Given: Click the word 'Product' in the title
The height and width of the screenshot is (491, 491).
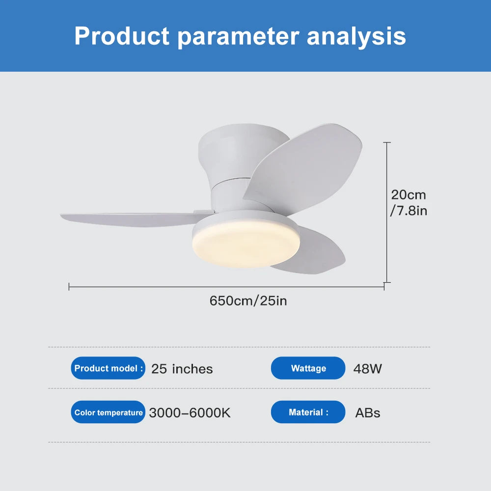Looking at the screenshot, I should point(122,36).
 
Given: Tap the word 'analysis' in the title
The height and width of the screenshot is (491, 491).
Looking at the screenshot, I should point(356,36).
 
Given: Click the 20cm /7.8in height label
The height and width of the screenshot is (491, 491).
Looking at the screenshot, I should point(408,203).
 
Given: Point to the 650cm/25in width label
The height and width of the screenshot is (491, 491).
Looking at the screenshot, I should point(248,300).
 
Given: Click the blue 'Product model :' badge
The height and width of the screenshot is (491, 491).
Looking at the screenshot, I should point(109,368).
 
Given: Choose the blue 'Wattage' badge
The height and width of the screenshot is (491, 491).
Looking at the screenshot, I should point(308,368).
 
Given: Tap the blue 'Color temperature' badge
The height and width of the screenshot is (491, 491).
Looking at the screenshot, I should point(109,412).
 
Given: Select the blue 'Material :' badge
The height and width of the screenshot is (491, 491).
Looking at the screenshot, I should point(308,412).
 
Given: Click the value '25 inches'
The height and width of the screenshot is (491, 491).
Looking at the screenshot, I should point(182,369).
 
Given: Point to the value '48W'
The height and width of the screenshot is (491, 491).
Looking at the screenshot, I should point(367,369).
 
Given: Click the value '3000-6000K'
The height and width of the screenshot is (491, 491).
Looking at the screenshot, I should point(190,413).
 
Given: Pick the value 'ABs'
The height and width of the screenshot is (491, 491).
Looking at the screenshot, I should point(367,413).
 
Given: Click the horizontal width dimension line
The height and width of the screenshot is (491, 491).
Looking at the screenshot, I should point(226,286).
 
